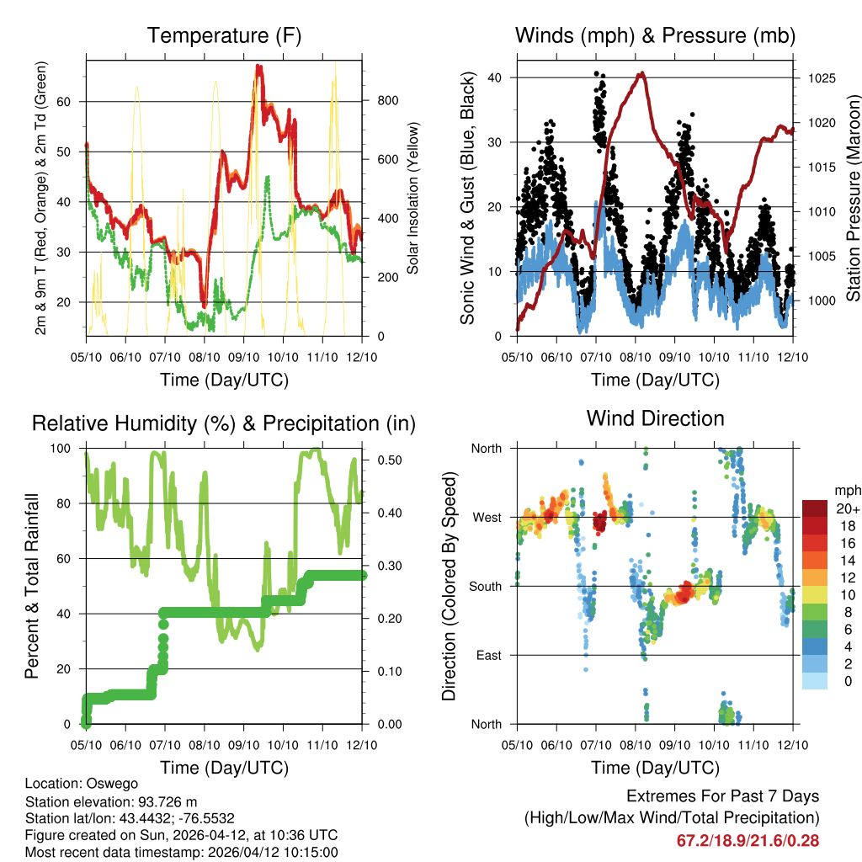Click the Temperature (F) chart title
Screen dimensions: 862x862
click(224, 35)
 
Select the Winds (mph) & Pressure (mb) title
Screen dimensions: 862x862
click(656, 35)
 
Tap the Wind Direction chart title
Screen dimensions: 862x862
click(656, 418)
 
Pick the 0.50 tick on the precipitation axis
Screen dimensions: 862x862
click(388, 460)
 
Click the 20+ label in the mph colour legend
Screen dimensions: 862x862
click(847, 508)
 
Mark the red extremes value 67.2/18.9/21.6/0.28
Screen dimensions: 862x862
click(748, 840)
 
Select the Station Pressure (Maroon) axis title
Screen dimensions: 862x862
click(852, 187)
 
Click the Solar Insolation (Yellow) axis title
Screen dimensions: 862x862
click(413, 199)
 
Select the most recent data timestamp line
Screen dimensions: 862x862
click(169, 852)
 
